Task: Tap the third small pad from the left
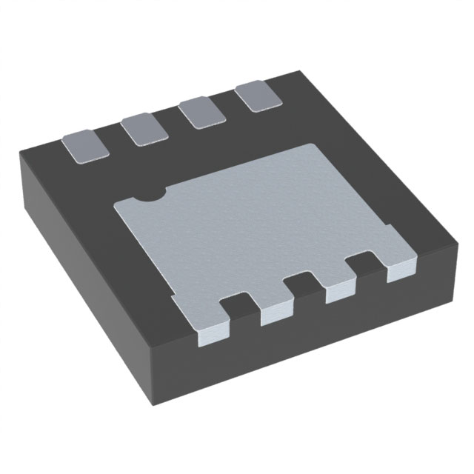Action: [x=199, y=113]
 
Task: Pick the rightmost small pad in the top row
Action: [x=255, y=97]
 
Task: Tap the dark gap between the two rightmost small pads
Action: [x=227, y=105]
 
